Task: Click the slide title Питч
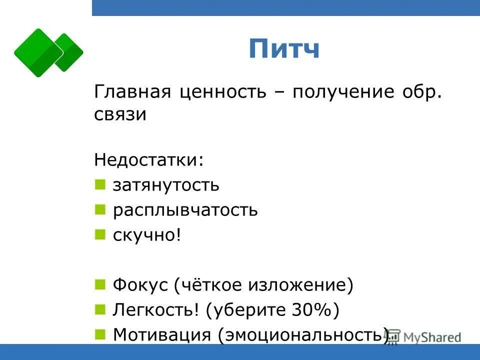283,49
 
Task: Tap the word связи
120,114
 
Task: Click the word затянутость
165,185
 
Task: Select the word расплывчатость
185,210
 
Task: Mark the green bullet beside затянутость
100,185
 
